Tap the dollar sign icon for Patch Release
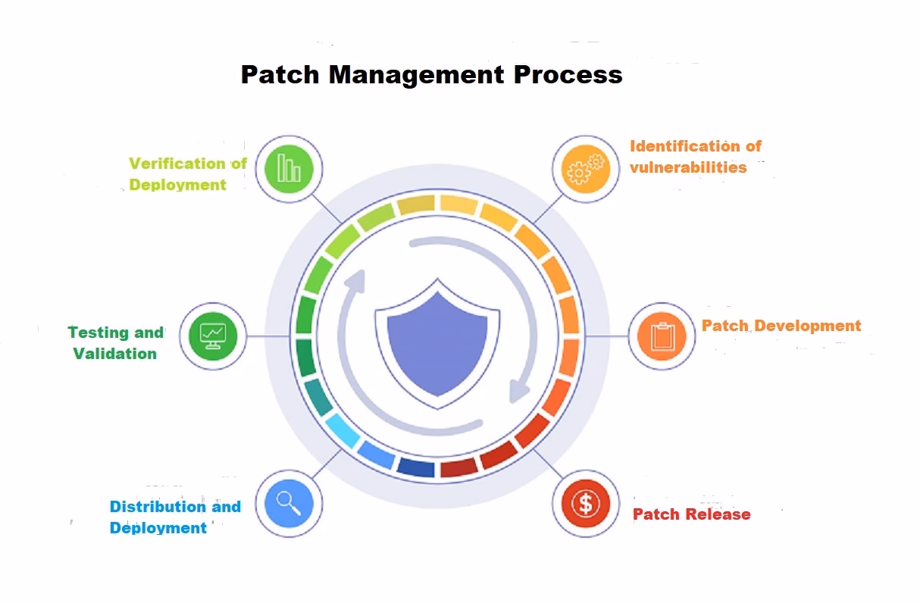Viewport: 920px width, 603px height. pos(585,503)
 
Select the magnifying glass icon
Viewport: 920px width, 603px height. pos(289,503)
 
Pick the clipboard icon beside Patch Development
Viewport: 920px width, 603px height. pos(662,336)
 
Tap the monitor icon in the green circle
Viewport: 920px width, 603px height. pos(212,336)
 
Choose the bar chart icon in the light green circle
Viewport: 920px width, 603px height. pos(289,168)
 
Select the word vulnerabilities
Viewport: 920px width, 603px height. pos(687,167)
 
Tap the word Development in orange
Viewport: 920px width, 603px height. pos(808,326)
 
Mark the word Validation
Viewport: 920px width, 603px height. pos(115,353)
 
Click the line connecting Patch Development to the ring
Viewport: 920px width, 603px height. pos(606,336)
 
